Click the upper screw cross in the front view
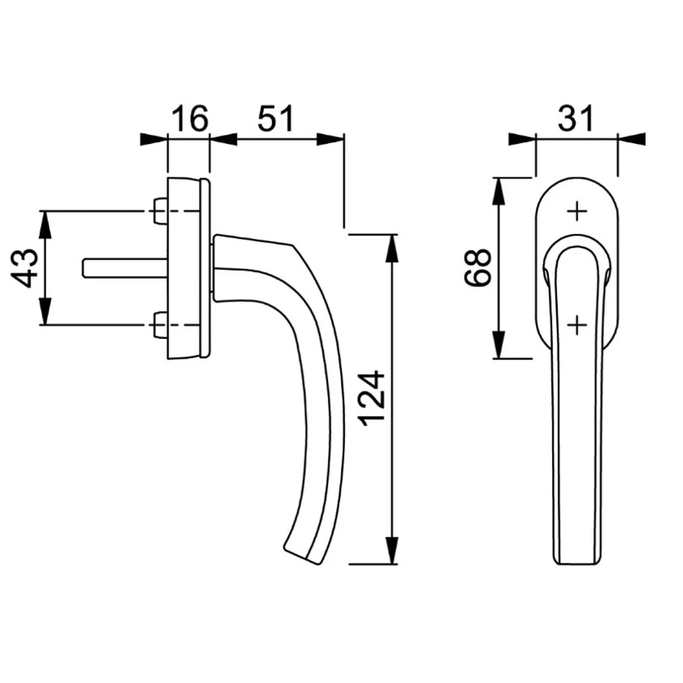tap(577, 212)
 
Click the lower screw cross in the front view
tap(577, 324)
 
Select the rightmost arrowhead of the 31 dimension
tap(631, 139)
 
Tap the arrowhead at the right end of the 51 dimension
tap(330, 139)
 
